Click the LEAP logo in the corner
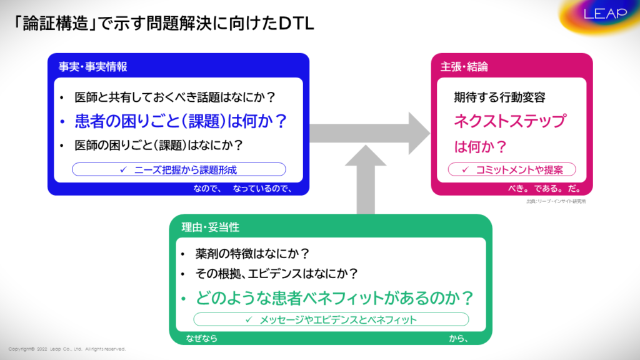605,14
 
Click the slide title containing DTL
163,23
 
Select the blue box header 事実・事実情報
92,66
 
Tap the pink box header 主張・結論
464,66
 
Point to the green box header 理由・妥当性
210,227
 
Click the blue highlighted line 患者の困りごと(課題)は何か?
181,121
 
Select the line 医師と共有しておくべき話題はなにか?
175,97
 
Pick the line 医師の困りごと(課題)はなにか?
159,145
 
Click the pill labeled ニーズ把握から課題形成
179,169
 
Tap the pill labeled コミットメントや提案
512,169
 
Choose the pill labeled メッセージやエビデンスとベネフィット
331,319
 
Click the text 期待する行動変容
499,97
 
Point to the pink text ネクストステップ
510,121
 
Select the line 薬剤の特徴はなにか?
252,254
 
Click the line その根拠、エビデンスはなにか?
276,273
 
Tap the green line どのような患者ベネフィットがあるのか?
334,297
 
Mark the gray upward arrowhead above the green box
366,156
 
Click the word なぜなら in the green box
202,338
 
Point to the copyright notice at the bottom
67,349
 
